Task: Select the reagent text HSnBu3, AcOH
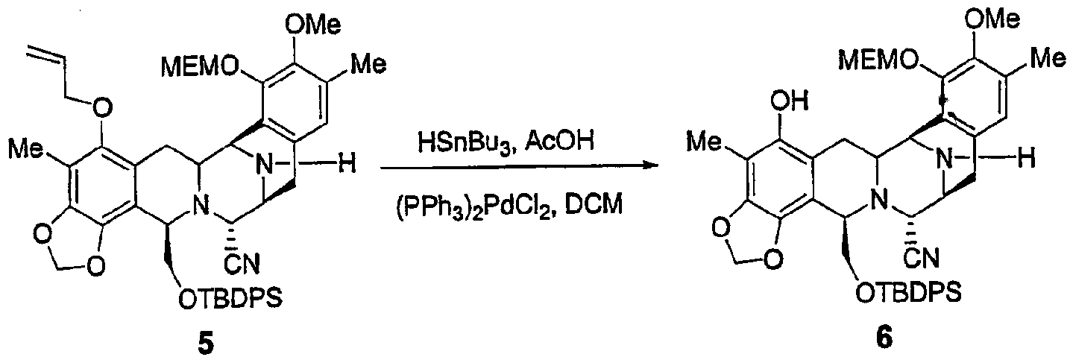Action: coord(506,142)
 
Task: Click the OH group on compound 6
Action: coord(790,101)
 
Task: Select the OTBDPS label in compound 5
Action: coord(230,297)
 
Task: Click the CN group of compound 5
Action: coord(242,263)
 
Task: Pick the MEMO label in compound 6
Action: coord(878,60)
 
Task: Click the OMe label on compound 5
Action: coord(313,24)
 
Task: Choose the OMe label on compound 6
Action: coord(992,19)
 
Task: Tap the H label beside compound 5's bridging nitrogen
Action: coord(347,165)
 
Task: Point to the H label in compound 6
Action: coord(1026,158)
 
